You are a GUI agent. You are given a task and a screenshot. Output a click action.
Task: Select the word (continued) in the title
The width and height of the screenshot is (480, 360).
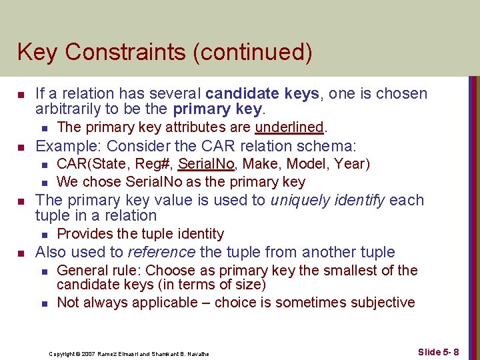coord(252,52)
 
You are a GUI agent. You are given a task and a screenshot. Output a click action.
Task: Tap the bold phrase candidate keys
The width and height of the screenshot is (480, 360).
coord(262,94)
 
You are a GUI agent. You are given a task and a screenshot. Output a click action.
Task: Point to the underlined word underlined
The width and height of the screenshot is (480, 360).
coord(289,127)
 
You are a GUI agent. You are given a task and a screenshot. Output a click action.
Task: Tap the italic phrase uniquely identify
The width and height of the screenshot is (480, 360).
coord(327,200)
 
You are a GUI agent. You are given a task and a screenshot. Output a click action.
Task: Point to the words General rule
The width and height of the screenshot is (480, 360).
coord(99,270)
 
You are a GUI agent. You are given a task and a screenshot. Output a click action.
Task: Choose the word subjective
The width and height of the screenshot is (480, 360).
coord(381,302)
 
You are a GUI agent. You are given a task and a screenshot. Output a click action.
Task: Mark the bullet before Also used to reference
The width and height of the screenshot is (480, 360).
coord(22,253)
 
